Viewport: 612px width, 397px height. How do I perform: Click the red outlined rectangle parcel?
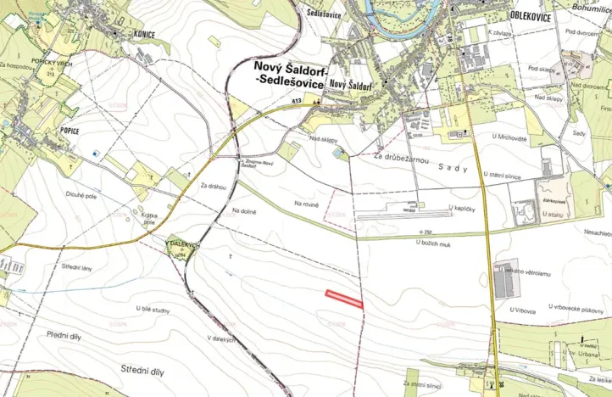coord(344,298)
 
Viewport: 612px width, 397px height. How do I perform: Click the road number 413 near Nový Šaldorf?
coord(296,102)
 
